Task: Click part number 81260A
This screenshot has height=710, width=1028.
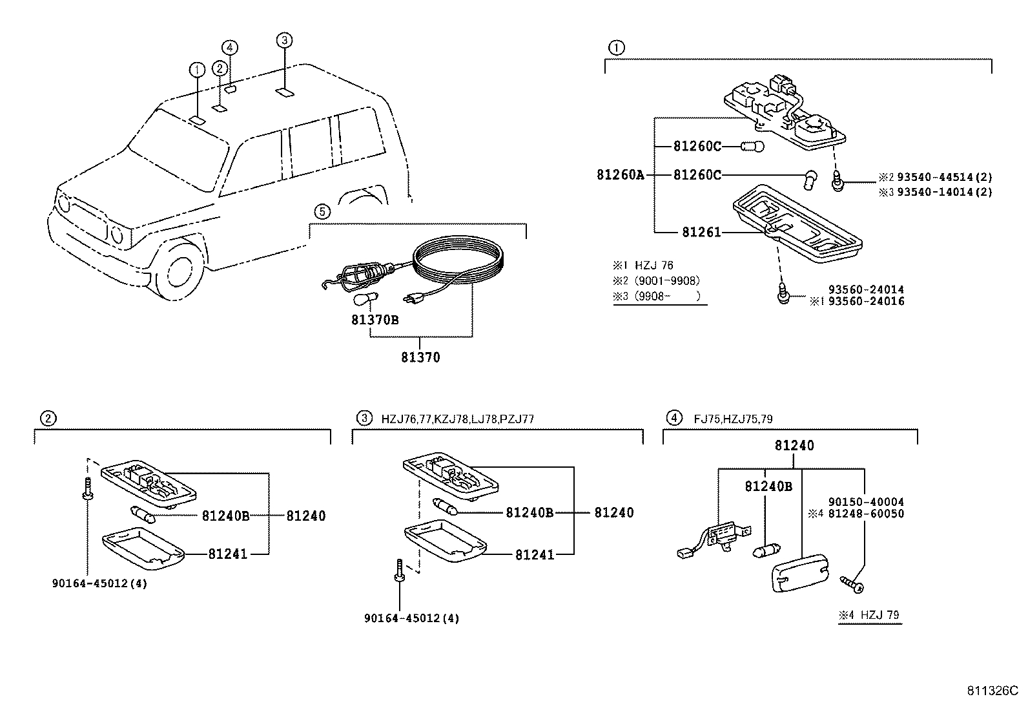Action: click(x=620, y=174)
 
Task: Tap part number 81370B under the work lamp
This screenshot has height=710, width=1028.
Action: click(x=375, y=319)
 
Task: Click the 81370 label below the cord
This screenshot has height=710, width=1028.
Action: click(x=420, y=357)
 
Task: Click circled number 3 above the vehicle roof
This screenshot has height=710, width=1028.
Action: click(x=284, y=41)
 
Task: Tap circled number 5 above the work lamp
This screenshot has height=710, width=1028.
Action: click(x=322, y=211)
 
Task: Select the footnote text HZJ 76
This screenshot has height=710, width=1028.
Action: click(x=653, y=266)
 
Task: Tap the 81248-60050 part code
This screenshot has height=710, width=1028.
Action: click(x=866, y=514)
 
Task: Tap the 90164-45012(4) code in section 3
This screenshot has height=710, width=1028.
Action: click(x=411, y=618)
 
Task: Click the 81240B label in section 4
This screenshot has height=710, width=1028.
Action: click(x=768, y=486)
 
